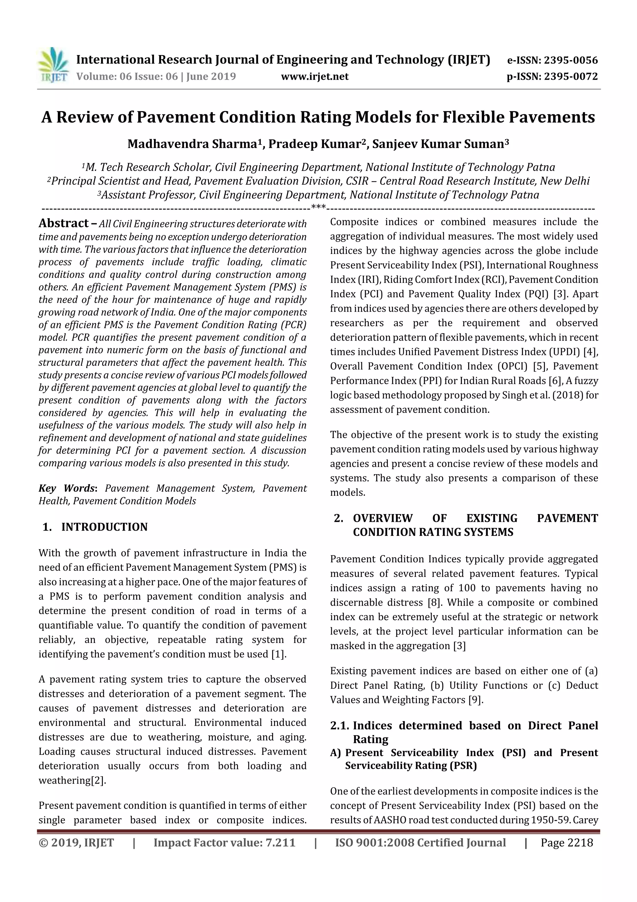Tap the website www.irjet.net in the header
pos(315,77)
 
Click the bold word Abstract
pos(63,223)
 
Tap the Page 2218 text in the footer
pos(566,843)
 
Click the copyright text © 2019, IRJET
pos(76,843)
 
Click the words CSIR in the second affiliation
pos(356,181)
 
